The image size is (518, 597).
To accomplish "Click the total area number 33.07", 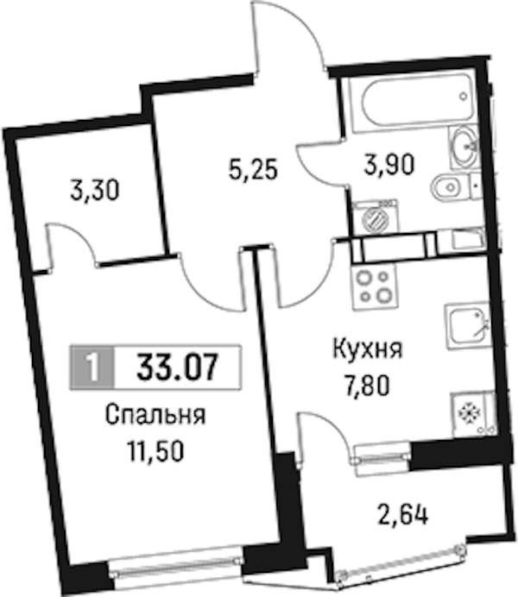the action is click(178, 367).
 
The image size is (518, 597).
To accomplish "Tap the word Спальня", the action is click(155, 415).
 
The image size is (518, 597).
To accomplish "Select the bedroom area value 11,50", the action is click(156, 452).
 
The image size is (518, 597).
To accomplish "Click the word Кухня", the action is click(368, 349).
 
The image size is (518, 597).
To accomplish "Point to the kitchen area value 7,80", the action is click(366, 386).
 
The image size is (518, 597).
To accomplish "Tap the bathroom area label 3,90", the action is click(388, 166).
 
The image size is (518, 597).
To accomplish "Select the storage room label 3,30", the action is click(95, 191).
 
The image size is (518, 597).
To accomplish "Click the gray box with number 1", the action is click(92, 368).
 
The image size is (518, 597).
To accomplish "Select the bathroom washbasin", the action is click(464, 148).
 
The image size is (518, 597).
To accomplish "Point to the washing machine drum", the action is click(375, 218).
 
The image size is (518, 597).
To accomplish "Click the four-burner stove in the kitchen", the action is click(375, 286).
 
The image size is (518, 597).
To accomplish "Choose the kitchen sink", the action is click(467, 327).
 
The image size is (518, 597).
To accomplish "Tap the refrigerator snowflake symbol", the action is click(465, 412).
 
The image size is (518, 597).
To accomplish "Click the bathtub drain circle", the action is click(463, 97).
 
